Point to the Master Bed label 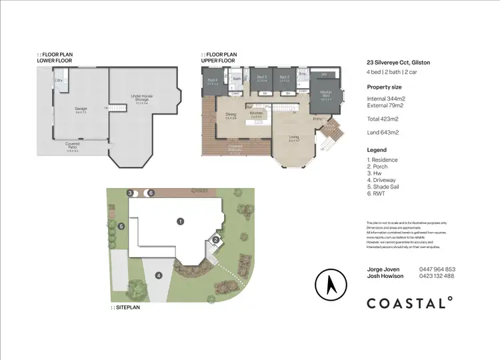(x=326, y=93)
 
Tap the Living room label (x=293, y=138)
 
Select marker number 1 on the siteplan (x=179, y=220)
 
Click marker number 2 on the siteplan (x=216, y=240)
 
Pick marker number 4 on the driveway (x=159, y=275)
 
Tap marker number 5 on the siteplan (x=121, y=227)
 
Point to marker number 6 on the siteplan (x=151, y=193)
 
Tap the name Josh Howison (x=385, y=276)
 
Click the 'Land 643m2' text (x=383, y=133)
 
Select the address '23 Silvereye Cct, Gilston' (x=398, y=62)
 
